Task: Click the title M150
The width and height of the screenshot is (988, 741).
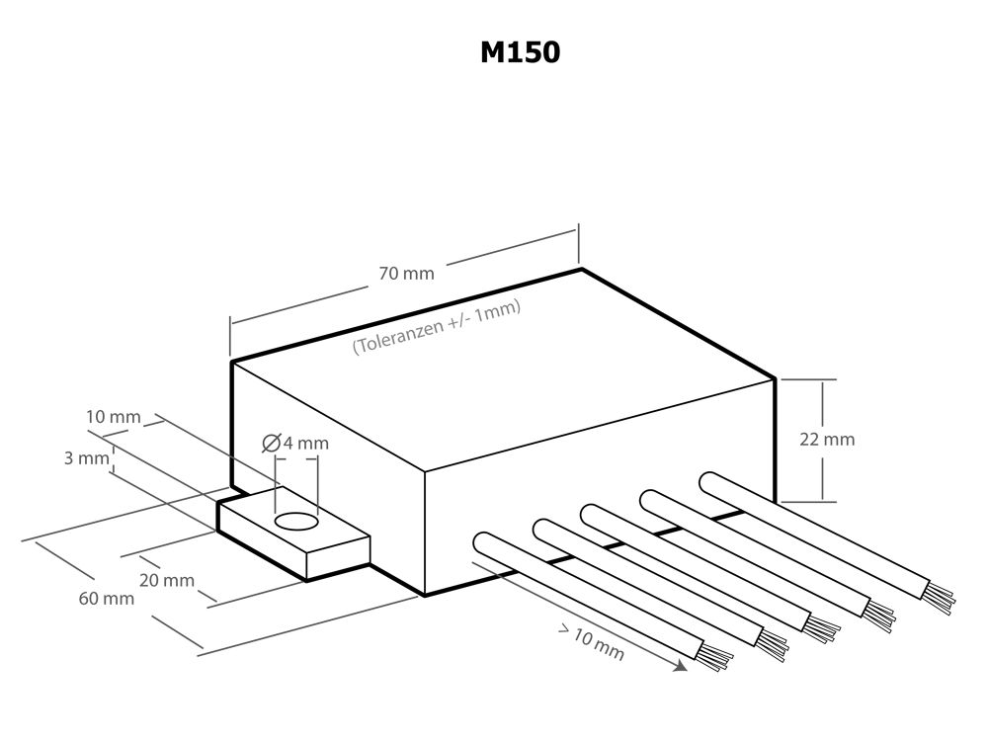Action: (520, 52)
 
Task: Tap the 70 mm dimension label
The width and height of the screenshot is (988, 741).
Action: (405, 274)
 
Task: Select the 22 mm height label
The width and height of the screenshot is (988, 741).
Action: (827, 440)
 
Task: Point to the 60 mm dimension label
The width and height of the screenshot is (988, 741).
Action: (106, 600)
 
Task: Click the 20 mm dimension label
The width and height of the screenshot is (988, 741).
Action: (167, 580)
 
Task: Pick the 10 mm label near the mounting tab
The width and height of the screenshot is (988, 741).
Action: (113, 417)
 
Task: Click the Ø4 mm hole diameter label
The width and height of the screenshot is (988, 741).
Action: (295, 444)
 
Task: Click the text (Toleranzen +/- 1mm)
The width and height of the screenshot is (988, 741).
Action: (437, 326)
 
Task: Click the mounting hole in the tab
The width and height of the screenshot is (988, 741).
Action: (295, 521)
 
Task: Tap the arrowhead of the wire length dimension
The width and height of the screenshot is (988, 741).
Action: (680, 667)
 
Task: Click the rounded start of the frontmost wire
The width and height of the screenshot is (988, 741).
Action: (486, 544)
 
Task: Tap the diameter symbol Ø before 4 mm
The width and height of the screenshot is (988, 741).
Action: (272, 444)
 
